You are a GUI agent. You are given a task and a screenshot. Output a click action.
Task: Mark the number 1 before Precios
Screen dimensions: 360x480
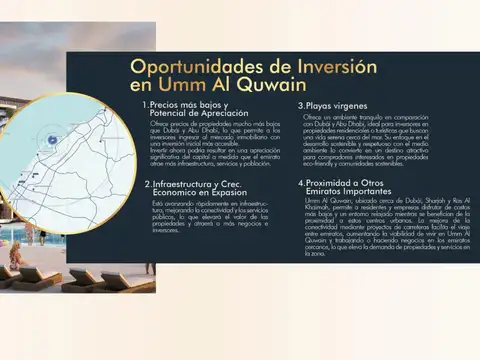point(145,105)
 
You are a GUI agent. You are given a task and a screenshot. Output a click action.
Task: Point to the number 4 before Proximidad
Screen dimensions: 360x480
point(300,184)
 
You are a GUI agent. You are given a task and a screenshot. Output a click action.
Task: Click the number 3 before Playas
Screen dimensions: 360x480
point(301,105)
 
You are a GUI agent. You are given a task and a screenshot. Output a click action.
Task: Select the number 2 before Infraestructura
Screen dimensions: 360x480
point(146,185)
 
